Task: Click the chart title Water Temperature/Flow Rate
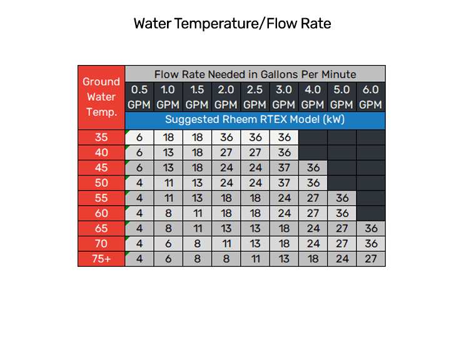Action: point(232,24)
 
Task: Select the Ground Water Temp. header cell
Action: point(101,97)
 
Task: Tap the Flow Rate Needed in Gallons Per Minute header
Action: point(255,74)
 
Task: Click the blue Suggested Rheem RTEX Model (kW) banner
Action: point(255,119)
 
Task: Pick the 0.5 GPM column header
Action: point(139,97)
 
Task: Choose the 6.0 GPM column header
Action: point(371,97)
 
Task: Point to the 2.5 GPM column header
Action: point(255,97)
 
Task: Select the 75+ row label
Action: point(101,259)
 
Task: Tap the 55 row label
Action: point(101,198)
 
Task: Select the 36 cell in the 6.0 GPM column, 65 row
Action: point(371,229)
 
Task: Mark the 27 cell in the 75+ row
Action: point(371,259)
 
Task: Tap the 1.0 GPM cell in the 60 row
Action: point(168,213)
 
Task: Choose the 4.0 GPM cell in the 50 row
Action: point(313,183)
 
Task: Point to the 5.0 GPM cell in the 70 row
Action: point(342,244)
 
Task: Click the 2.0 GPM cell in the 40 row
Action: point(226,152)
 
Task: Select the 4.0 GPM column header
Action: point(313,97)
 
